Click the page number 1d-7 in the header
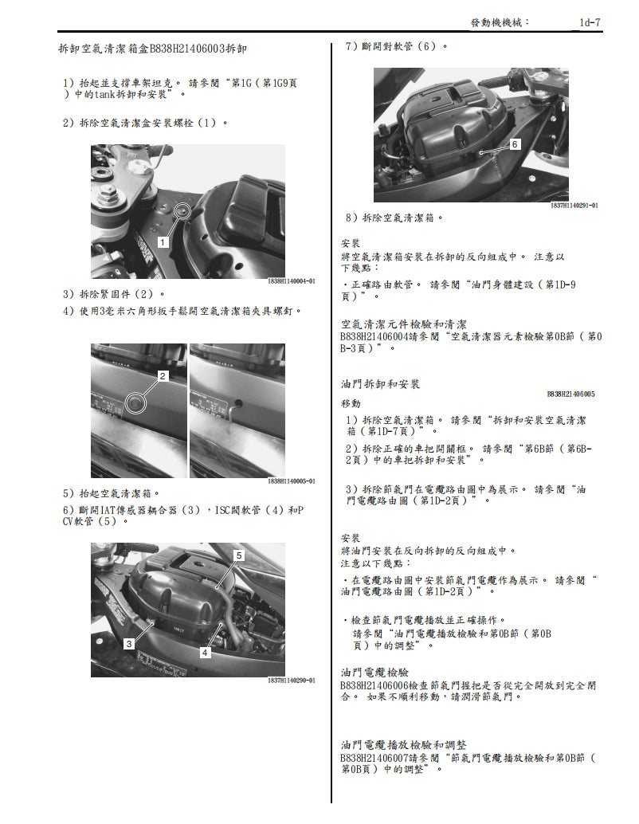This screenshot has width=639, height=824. click(x=591, y=25)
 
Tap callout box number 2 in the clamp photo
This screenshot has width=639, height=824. click(x=163, y=375)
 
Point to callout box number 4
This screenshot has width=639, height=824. click(x=205, y=653)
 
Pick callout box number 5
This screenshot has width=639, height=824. click(x=238, y=553)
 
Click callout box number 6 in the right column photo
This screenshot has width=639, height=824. click(x=515, y=144)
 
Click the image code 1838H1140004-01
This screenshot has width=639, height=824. click(x=292, y=281)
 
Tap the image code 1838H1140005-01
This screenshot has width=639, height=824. click(x=292, y=481)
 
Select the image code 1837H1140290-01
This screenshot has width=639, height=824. click(x=292, y=680)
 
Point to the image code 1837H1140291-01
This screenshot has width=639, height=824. click(x=574, y=205)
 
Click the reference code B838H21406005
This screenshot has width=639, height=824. click(x=570, y=394)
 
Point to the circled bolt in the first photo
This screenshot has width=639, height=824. click(x=183, y=210)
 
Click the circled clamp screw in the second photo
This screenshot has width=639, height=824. click(x=136, y=404)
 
